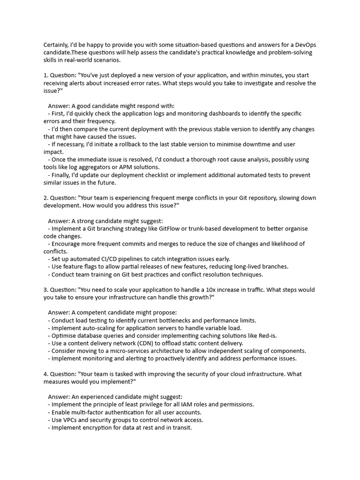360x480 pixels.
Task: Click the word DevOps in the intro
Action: point(306,45)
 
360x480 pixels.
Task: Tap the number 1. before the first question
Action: point(46,75)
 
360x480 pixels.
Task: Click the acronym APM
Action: point(137,167)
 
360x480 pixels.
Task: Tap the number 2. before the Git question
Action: point(46,198)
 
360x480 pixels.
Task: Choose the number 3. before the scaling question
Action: point(46,290)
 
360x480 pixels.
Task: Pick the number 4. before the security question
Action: point(46,374)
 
